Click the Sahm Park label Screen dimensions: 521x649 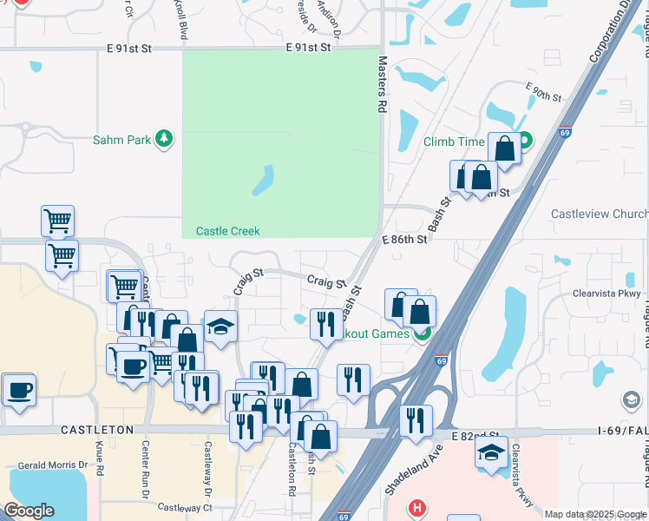point(121,140)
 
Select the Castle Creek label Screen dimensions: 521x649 point(227,231)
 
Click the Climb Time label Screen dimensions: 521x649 point(454,142)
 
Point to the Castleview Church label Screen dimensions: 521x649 point(600,214)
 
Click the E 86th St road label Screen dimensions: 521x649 point(405,238)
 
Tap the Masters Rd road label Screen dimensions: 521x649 point(382,85)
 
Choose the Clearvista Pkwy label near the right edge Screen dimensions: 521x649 point(606,293)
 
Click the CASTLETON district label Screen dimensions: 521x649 point(97,430)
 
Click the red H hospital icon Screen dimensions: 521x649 point(417,507)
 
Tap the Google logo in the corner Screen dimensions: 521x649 point(29,511)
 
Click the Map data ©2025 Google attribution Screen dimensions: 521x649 point(595,514)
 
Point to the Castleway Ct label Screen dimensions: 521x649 point(183,507)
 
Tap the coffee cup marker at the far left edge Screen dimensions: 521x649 point(18,389)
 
